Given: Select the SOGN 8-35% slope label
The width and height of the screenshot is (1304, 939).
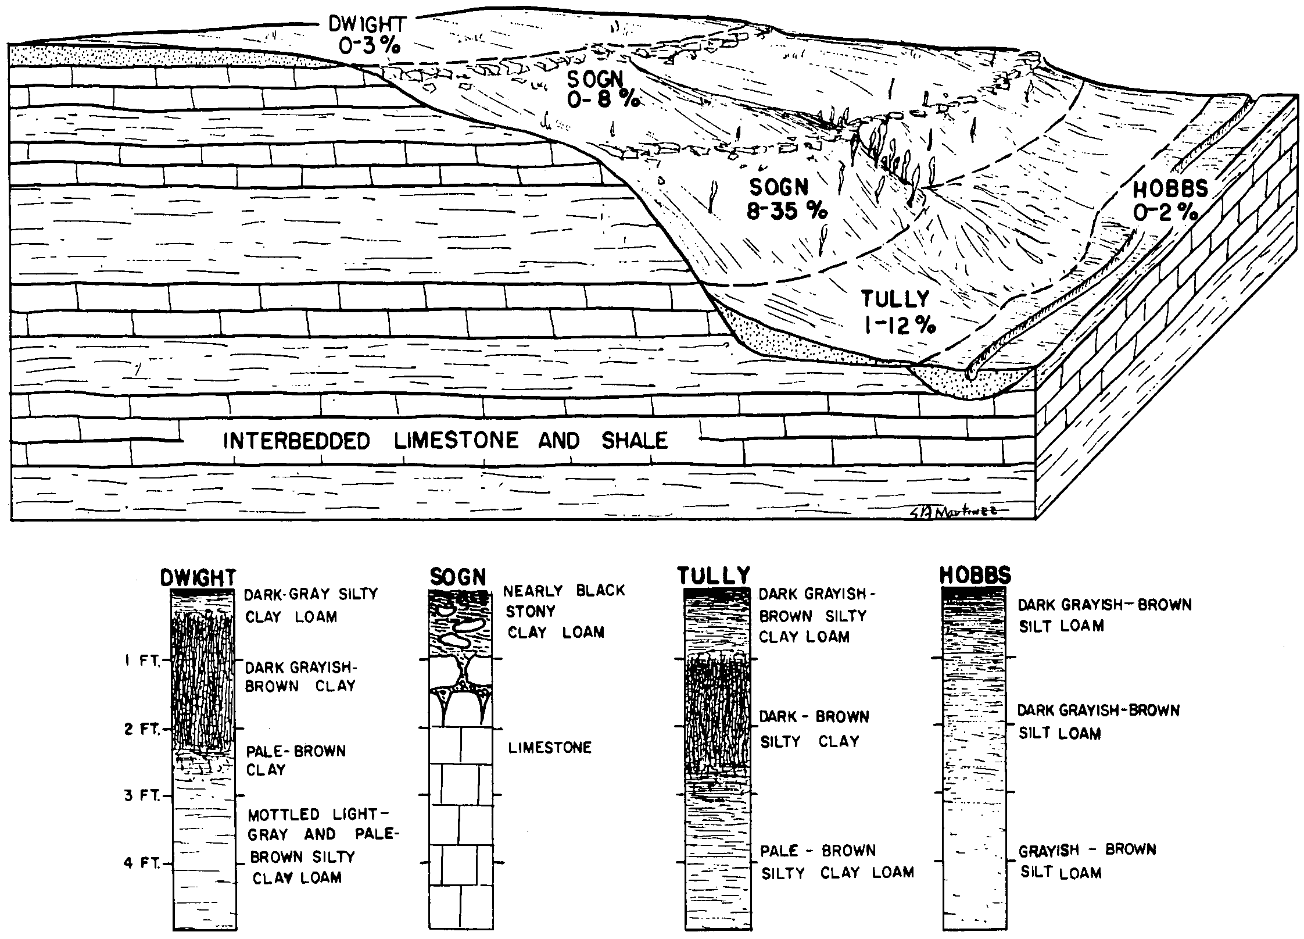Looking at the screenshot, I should pyautogui.click(x=786, y=199).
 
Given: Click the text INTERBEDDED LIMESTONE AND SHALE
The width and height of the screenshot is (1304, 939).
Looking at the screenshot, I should pyautogui.click(x=445, y=441).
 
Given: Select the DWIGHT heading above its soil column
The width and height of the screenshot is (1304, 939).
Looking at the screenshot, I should pyautogui.click(x=198, y=577).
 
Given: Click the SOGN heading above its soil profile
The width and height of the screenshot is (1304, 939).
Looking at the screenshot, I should pyautogui.click(x=457, y=577).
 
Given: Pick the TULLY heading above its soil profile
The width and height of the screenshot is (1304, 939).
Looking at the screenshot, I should pyautogui.click(x=714, y=576).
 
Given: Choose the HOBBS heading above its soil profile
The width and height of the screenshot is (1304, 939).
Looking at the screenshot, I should pyautogui.click(x=975, y=576).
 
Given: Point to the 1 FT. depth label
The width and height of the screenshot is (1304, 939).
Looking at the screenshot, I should pyautogui.click(x=144, y=662).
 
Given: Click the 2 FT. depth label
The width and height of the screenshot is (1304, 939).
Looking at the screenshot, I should pyautogui.click(x=142, y=729).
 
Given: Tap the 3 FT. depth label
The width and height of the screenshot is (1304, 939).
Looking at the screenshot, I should pyautogui.click(x=142, y=795).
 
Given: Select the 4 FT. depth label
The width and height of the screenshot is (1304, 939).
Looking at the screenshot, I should pyautogui.click(x=142, y=863).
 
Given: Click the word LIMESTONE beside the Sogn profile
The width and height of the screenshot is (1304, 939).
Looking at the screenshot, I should pyautogui.click(x=550, y=747).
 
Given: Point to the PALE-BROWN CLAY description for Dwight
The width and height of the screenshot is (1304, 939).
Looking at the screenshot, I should pyautogui.click(x=296, y=761).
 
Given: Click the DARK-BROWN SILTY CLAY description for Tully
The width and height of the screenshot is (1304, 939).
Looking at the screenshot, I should pyautogui.click(x=814, y=729).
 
